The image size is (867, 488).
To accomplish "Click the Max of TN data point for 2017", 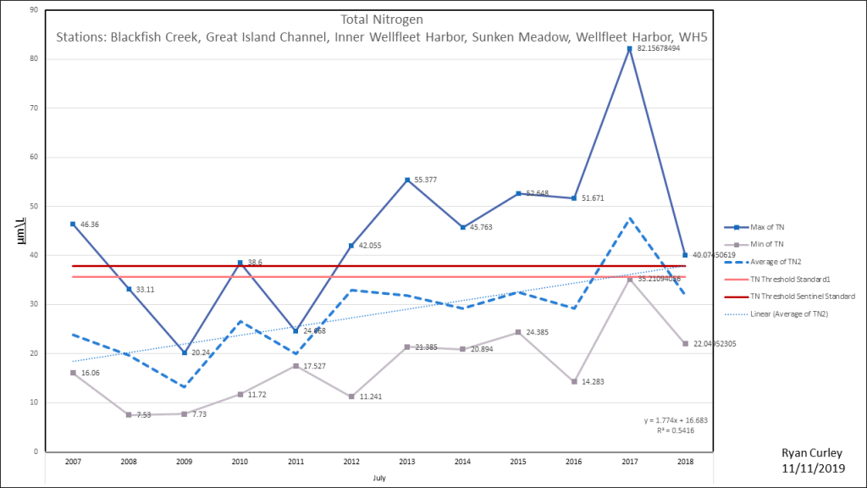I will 630,49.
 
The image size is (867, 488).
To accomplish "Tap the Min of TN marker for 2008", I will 129,414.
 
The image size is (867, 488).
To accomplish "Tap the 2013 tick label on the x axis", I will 407,463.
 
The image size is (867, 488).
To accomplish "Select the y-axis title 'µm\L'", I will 19,230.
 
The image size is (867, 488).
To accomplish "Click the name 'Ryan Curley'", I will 812,453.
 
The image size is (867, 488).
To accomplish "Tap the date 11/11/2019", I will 813,468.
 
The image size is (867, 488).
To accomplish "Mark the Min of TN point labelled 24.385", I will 518,332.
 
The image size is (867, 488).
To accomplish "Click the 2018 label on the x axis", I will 685,463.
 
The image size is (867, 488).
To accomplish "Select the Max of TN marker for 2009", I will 185,352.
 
